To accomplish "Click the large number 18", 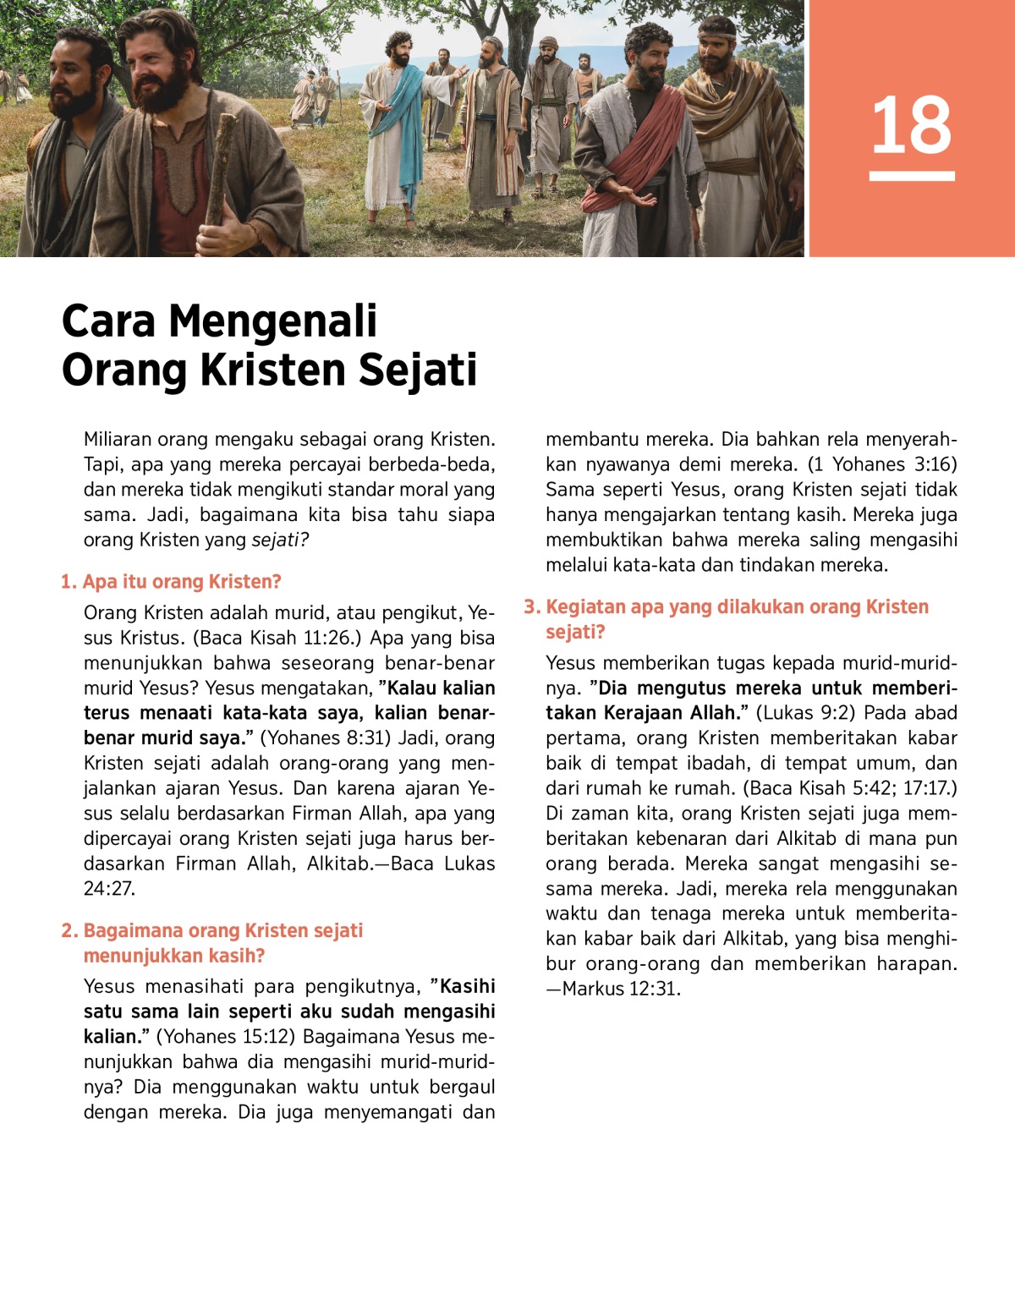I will (x=912, y=125).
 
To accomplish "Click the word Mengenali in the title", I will (x=272, y=321).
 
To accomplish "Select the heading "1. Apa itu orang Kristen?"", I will (x=171, y=582).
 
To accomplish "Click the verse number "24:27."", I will (x=109, y=889).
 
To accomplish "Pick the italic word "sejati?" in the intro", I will (x=280, y=540).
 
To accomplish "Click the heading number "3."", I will (x=532, y=607).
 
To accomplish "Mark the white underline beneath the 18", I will (x=912, y=176).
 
